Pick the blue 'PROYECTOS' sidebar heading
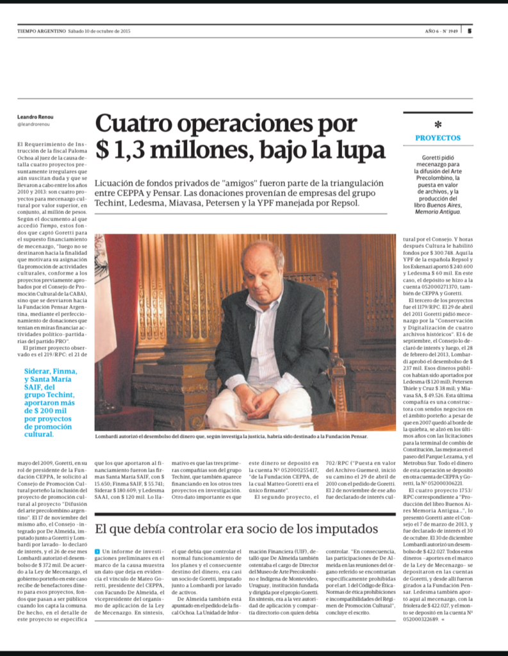tap(438, 138)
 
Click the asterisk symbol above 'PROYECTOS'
tap(438, 125)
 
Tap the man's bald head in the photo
tap(262, 253)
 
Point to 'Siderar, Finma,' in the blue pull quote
tap(50, 371)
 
